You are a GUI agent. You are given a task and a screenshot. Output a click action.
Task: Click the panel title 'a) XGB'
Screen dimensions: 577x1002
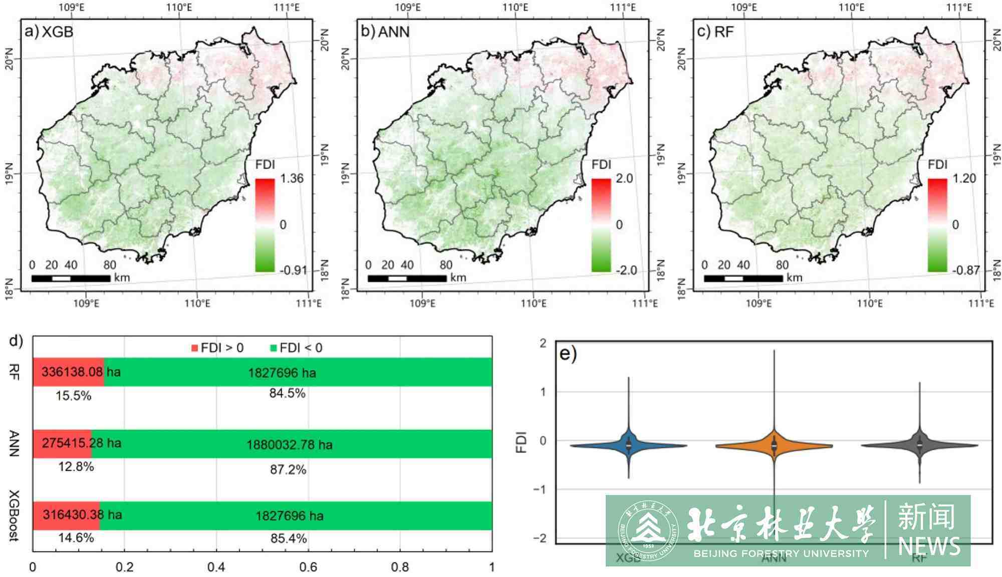[x=49, y=32]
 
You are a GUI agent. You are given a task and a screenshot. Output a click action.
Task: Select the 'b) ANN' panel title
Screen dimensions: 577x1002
[x=385, y=32]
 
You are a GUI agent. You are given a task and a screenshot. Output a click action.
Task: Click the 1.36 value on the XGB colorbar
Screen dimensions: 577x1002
[x=292, y=179]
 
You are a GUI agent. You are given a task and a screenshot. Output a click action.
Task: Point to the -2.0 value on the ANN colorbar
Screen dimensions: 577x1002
[x=626, y=270]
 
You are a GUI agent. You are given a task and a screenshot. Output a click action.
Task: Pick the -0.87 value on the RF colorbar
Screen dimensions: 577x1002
[x=965, y=270]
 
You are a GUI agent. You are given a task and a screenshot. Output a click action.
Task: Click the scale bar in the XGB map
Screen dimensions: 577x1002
[x=71, y=278]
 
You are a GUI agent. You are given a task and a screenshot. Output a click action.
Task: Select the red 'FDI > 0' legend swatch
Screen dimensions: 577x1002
[x=194, y=348]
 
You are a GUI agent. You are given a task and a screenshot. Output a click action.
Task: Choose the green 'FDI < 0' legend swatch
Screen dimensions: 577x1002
[x=273, y=348]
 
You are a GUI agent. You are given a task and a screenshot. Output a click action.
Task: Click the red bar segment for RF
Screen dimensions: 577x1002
[x=68, y=372]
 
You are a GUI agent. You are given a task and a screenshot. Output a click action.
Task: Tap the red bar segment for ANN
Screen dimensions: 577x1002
[x=62, y=444]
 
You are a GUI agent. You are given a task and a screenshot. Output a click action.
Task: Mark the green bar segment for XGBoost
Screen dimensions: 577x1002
[x=296, y=515]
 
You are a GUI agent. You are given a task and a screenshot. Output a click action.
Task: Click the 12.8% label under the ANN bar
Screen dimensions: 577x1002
[x=76, y=467]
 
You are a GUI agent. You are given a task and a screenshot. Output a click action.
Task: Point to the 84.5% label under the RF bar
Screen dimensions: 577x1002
[x=287, y=394]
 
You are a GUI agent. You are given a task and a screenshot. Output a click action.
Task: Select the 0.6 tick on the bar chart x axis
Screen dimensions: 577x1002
[x=308, y=567]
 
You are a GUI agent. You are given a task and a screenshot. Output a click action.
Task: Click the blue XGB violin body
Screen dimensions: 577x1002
[x=629, y=445]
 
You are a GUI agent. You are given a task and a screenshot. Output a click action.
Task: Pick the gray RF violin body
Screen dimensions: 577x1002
[x=919, y=445]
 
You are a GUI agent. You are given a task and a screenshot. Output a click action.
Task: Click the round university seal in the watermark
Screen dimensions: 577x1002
[x=648, y=530]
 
